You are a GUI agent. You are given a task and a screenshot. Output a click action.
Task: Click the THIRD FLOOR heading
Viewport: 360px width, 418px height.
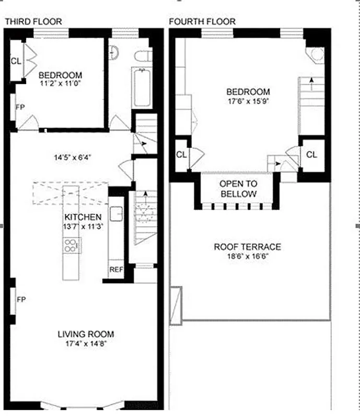coord(33,21)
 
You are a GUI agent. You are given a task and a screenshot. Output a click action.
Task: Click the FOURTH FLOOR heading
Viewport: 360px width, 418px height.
coord(202,21)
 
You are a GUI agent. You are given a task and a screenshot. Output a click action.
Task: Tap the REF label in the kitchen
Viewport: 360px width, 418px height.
coord(116,270)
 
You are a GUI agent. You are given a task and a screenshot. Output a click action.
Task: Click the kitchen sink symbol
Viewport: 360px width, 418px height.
coord(117,213)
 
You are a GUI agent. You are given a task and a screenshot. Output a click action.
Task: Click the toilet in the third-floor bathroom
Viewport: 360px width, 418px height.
coord(142,55)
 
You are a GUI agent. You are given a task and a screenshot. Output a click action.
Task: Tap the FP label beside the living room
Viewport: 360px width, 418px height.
coord(21,300)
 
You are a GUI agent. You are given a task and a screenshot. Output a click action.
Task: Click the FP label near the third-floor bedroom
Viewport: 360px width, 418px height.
coord(21,107)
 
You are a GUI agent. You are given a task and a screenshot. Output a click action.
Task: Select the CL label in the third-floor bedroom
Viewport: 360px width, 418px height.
coord(16,61)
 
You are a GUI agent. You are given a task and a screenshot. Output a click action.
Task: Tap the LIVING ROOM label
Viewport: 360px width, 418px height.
coord(86,334)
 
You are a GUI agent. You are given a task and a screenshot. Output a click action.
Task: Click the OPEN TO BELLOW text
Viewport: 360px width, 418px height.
coord(238,189)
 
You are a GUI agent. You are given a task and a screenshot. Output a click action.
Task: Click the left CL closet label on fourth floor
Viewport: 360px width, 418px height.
coord(181,155)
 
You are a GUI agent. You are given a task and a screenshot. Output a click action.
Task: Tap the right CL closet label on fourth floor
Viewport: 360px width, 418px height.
coord(311,155)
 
